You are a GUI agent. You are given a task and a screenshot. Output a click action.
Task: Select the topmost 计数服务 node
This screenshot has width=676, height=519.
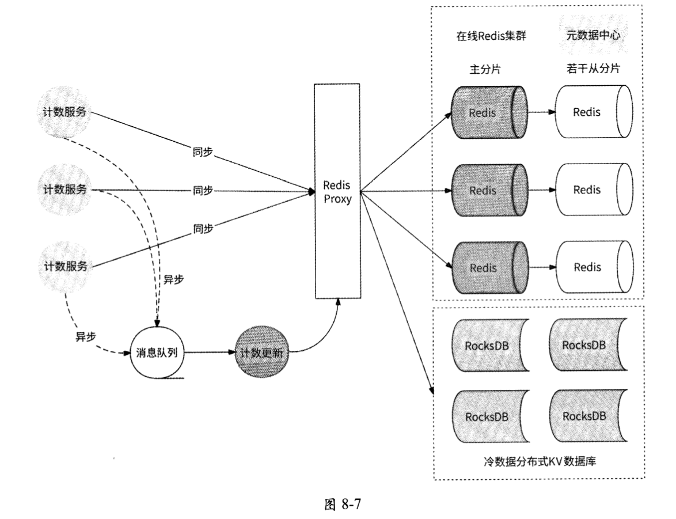pos(65,112)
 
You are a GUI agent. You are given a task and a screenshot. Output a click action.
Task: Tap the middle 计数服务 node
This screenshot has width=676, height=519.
pos(65,189)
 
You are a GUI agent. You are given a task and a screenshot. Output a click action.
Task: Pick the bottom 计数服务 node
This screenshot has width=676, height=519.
pos(65,266)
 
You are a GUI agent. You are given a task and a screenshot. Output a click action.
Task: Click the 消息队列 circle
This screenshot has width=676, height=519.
pos(156,353)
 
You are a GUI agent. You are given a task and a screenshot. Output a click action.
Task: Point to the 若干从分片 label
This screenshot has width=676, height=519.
pos(593,69)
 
